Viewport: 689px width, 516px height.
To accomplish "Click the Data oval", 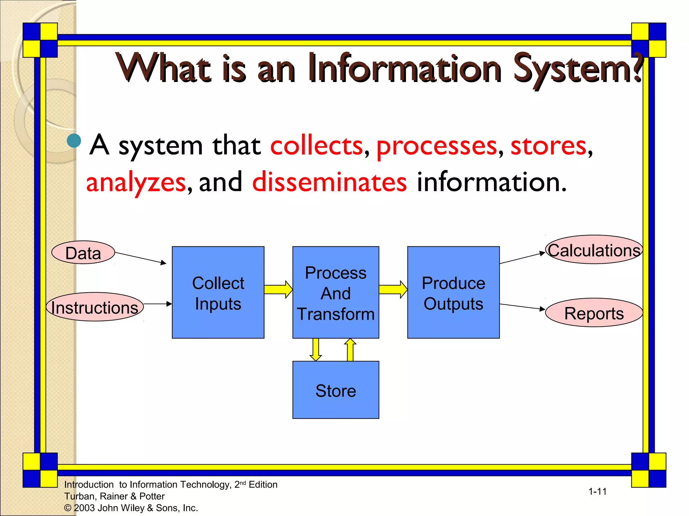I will pos(83,253).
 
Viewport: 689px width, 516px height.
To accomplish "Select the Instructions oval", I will pos(95,307).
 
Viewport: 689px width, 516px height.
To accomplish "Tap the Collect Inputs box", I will pos(218,293).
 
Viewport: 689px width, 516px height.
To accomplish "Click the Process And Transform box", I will pos(336,293).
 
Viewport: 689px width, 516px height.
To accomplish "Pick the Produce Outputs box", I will pos(453,293).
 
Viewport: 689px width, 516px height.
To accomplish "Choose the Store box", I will pos(336,390).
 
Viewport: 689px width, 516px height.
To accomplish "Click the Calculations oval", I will pos(594,250).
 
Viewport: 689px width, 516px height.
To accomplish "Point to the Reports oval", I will pos(594,313).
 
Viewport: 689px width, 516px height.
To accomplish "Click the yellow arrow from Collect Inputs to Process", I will pos(278,289).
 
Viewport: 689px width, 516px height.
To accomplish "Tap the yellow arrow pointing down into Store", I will pos(316,350).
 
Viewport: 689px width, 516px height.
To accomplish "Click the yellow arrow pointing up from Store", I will pos(350,350).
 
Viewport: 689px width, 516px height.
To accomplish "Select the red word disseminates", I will pos(329,182).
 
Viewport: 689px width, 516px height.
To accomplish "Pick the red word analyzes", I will pos(136,182).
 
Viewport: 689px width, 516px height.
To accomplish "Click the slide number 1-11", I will pos(597,491).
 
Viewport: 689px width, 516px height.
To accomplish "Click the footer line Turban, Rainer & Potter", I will pos(114,496).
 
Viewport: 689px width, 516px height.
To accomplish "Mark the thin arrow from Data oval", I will pos(141,258).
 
